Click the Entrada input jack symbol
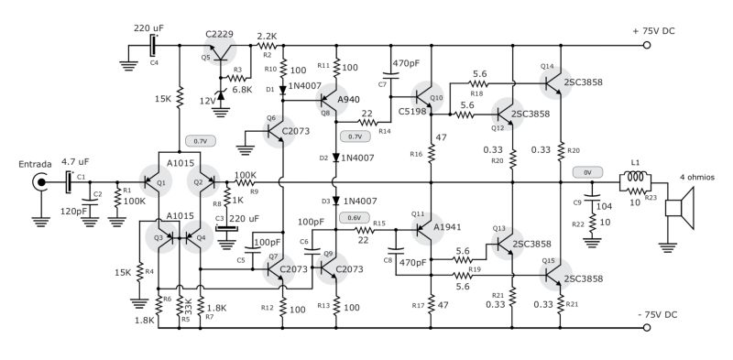40,181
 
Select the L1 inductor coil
635,181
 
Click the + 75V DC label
659,31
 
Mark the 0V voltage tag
586,170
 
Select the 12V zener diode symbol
221,93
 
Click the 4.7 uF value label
76,161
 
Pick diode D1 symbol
283,89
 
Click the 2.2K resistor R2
267,44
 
